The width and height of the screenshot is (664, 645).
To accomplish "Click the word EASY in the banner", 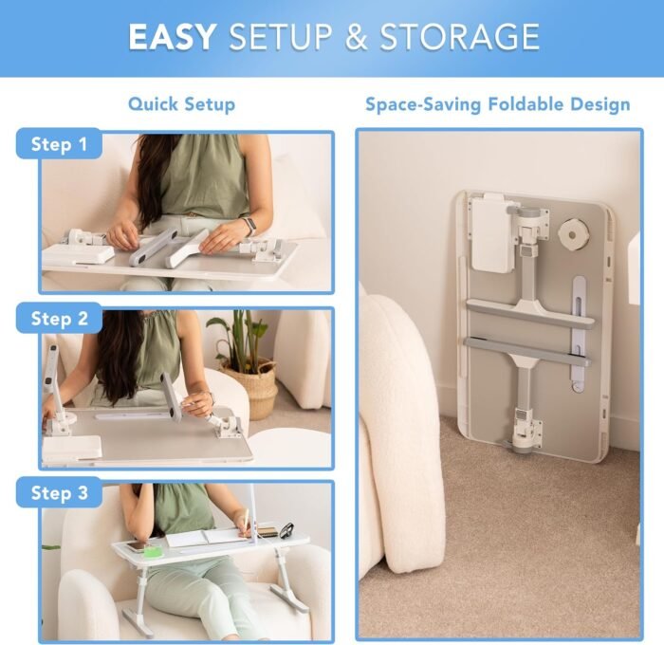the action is (172, 37).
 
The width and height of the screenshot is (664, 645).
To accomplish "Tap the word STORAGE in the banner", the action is (459, 37).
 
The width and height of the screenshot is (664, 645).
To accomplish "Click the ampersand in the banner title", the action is (356, 37).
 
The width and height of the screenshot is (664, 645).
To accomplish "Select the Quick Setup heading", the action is (182, 104).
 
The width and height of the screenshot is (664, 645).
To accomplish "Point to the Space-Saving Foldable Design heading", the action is (498, 104).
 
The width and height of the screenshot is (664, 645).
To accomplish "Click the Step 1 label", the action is (59, 144).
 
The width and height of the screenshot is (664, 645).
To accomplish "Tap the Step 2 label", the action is (59, 318).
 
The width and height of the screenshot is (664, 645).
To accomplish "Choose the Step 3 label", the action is (59, 492).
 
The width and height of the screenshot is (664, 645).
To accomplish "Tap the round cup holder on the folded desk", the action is (574, 233).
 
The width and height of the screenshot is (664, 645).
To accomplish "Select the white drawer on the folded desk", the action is (490, 234).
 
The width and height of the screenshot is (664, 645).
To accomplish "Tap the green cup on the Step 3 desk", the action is (150, 550).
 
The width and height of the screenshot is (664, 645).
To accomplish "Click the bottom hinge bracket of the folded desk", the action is (525, 429).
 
